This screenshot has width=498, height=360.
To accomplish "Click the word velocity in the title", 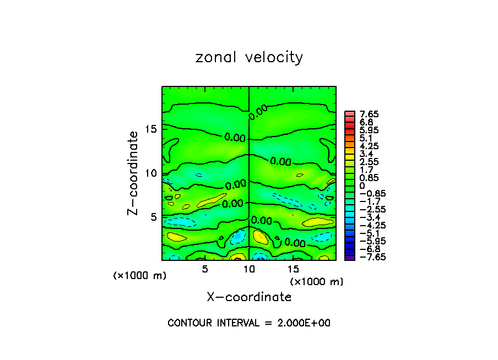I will pyautogui.click(x=271, y=58).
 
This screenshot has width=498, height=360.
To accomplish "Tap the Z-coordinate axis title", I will pyautogui.click(x=133, y=173).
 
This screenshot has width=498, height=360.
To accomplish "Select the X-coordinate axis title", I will pyautogui.click(x=249, y=297).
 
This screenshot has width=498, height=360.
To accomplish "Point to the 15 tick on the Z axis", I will pyautogui.click(x=151, y=129).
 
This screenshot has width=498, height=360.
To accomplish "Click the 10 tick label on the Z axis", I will pyautogui.click(x=151, y=173).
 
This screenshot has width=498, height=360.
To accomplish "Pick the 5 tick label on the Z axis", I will pyautogui.click(x=155, y=217).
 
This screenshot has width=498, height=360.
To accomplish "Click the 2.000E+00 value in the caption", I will pyautogui.click(x=302, y=323).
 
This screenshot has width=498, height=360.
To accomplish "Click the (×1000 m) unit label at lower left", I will pyautogui.click(x=139, y=276).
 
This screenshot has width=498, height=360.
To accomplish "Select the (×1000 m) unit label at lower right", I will pyautogui.click(x=317, y=282).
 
